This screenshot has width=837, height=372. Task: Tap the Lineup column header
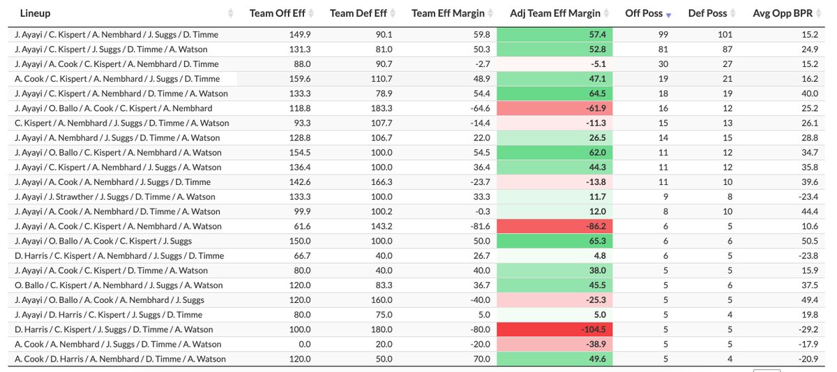click(35, 13)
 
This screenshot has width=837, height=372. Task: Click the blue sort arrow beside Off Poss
click(669, 14)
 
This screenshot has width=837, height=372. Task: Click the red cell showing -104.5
click(555, 329)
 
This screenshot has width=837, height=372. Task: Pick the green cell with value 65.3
click(555, 241)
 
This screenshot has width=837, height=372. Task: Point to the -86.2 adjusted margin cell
click(555, 226)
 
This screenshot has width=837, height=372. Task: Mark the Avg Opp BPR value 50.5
click(808, 241)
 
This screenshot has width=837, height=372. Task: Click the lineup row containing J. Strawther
click(115, 197)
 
